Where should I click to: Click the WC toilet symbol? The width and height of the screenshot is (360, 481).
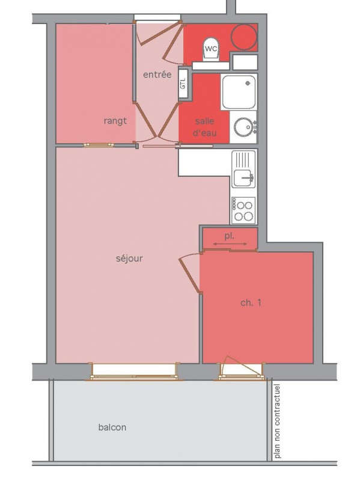(x=212, y=49)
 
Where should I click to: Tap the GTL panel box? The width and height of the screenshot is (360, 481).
(x=183, y=84)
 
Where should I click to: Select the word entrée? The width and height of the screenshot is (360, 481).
(x=157, y=74)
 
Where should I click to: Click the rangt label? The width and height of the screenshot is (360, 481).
(x=115, y=121)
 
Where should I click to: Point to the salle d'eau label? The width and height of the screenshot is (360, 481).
(x=204, y=127)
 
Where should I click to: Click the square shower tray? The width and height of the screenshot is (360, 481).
(x=239, y=92)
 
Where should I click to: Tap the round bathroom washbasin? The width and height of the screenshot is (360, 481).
(x=243, y=127)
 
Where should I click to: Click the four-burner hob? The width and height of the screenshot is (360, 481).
(x=243, y=210)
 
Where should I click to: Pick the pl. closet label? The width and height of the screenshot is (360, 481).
(x=229, y=236)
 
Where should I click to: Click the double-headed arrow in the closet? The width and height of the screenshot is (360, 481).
(x=230, y=244)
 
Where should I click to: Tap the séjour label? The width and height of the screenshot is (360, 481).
(x=129, y=259)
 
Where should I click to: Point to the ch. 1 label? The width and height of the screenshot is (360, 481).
(x=251, y=303)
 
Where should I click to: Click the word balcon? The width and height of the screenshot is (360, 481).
(x=112, y=427)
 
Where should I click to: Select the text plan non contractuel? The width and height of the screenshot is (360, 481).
(x=277, y=421)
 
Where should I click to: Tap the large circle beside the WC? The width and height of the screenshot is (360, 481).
(x=244, y=37)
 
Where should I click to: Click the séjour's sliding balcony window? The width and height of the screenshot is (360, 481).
(x=134, y=372)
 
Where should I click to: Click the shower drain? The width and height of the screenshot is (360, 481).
(x=248, y=83)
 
